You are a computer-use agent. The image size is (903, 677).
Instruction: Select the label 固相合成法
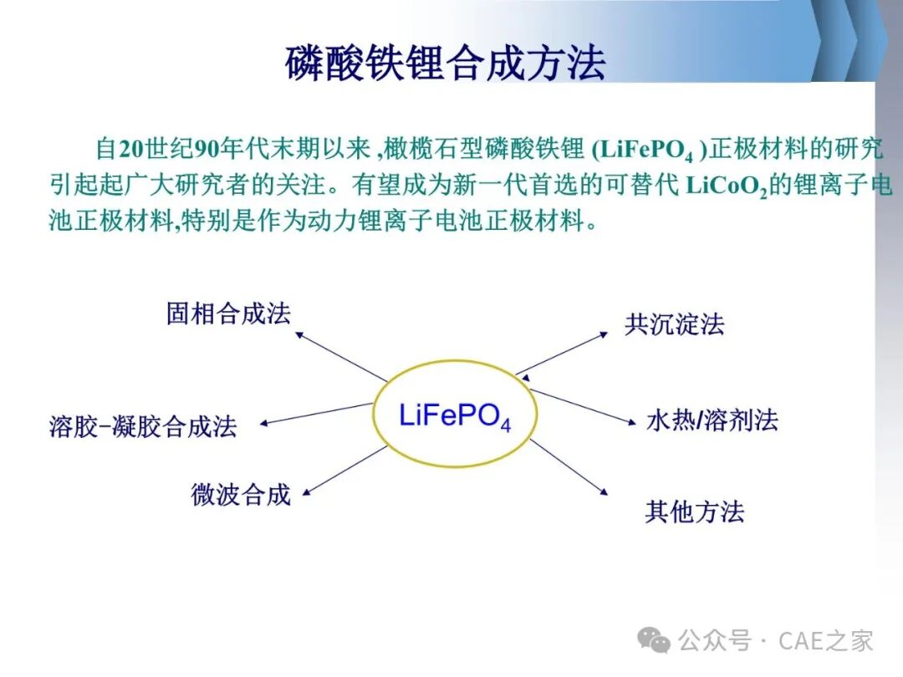(228, 313)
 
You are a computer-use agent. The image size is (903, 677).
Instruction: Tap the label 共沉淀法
(675, 324)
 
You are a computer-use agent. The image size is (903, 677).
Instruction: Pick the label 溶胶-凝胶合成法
(143, 426)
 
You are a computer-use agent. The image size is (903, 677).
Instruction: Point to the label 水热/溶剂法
(712, 420)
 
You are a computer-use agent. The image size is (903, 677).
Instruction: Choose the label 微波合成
(241, 495)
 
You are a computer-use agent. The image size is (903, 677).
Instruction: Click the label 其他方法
(695, 512)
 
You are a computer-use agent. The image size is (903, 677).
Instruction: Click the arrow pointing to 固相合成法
(341, 356)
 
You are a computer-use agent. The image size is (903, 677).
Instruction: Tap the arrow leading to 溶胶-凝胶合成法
(316, 414)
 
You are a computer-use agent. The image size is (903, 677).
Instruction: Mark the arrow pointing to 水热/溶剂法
(583, 408)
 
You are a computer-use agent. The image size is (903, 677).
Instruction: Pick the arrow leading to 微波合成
(345, 471)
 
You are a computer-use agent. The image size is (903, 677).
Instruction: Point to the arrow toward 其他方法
(569, 467)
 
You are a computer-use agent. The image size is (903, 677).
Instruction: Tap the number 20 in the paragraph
(130, 149)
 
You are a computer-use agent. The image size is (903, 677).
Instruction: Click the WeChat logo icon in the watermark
(654, 639)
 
